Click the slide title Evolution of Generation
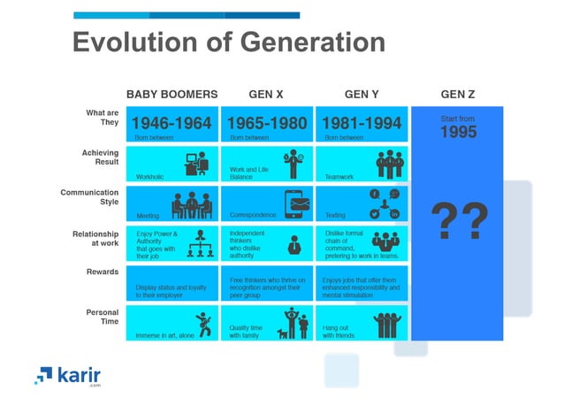[228, 42]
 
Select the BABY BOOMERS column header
[171, 94]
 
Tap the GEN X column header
[266, 94]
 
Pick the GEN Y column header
[362, 94]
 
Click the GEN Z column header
[458, 94]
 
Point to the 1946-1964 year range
[171, 123]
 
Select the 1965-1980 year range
[267, 123]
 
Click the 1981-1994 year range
[362, 123]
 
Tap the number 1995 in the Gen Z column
[458, 132]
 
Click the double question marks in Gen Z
[458, 221]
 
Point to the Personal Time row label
[102, 317]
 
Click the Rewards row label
[102, 272]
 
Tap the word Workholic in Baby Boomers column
[150, 176]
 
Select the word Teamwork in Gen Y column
[339, 176]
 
